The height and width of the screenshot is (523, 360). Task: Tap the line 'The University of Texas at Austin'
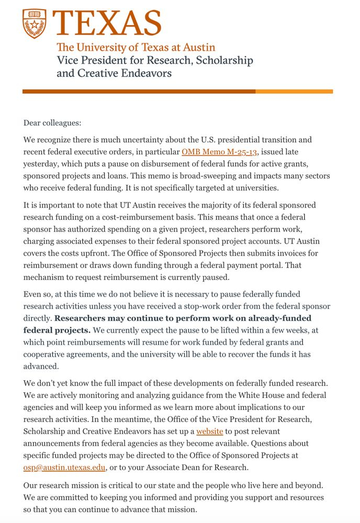(x=136, y=47)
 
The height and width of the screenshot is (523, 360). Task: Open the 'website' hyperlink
(x=210, y=431)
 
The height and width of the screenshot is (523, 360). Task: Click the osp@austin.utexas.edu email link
(x=64, y=467)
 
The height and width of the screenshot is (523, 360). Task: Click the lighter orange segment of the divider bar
(x=294, y=92)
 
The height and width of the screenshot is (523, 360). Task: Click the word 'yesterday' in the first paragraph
(x=41, y=163)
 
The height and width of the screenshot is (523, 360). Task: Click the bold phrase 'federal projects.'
(x=57, y=330)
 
